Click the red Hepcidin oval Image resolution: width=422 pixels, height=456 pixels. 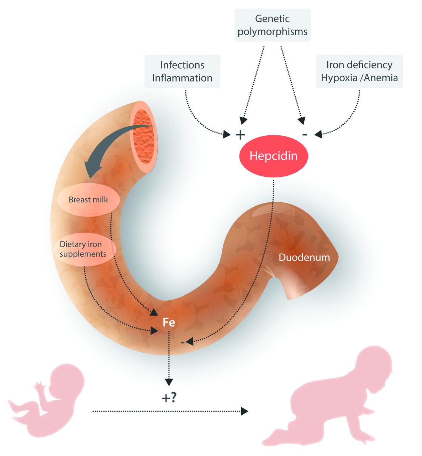tap(273, 156)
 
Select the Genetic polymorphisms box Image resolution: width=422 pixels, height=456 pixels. tap(272, 25)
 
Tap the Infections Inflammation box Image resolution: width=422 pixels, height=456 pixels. tap(182, 71)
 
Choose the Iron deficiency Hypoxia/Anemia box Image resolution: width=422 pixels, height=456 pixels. tap(359, 71)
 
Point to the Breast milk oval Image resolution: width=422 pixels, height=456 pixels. tap(88, 199)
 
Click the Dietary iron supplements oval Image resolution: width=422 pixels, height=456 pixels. tap(83, 249)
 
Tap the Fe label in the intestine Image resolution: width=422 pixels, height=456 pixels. tap(169, 322)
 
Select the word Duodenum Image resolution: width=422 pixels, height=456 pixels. tap(304, 257)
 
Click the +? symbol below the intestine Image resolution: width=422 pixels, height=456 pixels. tap(169, 398)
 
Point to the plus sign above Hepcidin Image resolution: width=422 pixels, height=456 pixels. tap(241, 135)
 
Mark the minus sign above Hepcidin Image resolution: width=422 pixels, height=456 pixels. tap(305, 134)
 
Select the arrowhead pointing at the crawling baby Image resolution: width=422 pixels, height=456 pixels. tap(244, 411)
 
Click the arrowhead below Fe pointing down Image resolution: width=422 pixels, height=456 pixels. tap(169, 382)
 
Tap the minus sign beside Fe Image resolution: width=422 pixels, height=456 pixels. tap(183, 342)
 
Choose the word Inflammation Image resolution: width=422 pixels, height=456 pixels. tap(182, 78)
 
